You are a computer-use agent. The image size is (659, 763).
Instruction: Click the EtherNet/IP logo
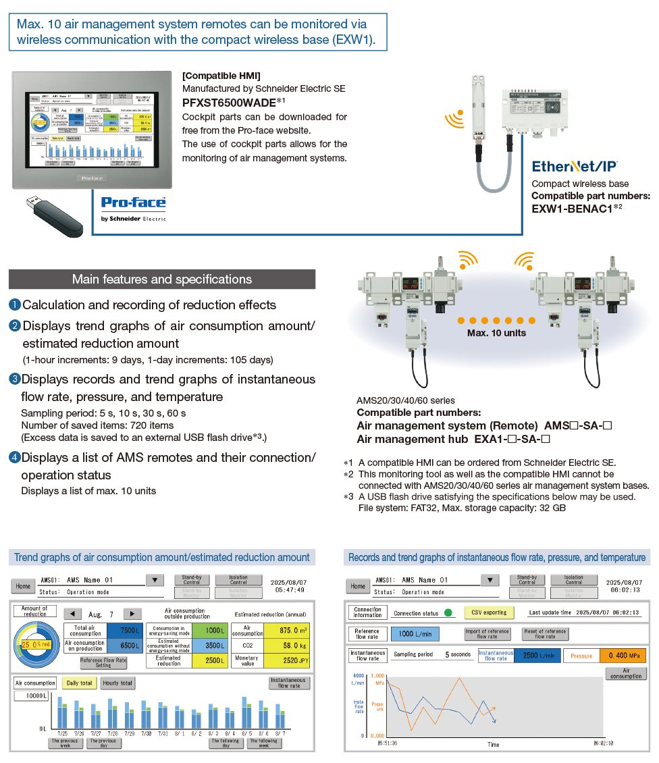[575, 166]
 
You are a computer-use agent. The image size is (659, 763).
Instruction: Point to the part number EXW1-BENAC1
[573, 208]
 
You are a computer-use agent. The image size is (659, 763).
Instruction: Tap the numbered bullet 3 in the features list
[15, 379]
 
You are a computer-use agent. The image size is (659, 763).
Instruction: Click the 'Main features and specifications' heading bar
[162, 280]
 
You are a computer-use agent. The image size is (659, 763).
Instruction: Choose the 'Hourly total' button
[118, 683]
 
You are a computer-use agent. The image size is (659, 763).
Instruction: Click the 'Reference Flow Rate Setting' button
[103, 662]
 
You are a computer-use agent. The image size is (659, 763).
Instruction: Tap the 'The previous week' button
[65, 743]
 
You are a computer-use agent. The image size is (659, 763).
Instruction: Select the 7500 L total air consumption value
[126, 631]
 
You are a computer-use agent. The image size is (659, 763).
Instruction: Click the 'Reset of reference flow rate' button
[545, 633]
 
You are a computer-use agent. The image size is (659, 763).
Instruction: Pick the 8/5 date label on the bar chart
[246, 733]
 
